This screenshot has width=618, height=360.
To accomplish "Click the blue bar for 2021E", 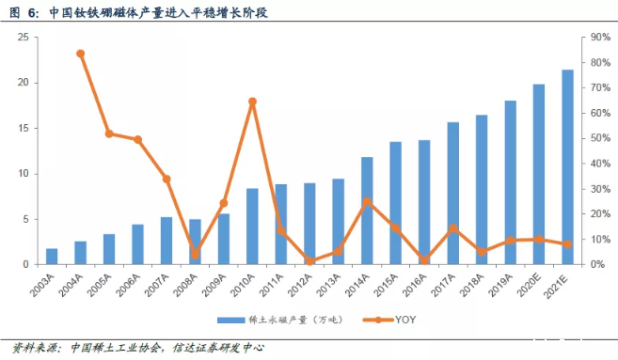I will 567,167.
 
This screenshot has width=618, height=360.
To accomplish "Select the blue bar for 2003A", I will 52,257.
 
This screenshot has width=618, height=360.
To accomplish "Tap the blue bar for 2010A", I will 252,227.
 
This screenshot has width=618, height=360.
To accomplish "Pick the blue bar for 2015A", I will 395,203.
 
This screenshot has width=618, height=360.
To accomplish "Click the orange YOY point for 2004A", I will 80,54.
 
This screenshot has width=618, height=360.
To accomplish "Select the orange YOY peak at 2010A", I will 252,102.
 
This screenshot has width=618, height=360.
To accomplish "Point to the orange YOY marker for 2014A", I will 367,201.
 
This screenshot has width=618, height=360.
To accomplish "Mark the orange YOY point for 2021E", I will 567,244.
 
